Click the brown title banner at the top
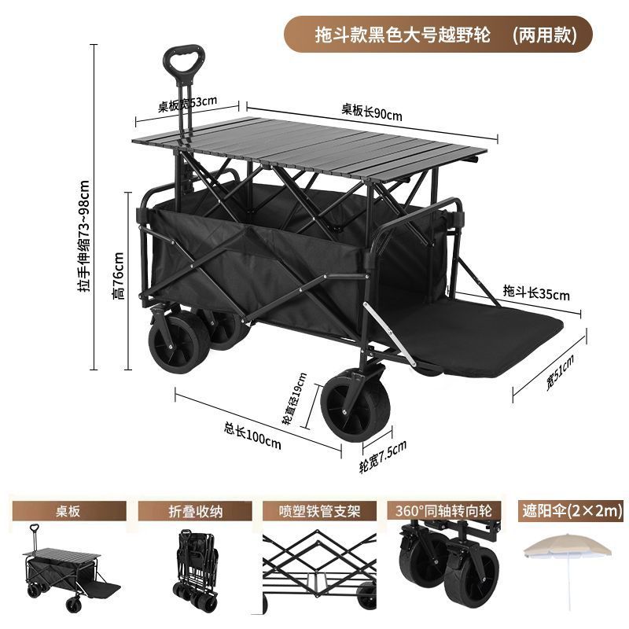click(438, 35)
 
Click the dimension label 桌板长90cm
click(371, 112)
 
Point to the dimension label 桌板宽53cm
click(187, 104)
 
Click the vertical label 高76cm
click(118, 274)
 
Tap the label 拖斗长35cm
click(536, 293)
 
